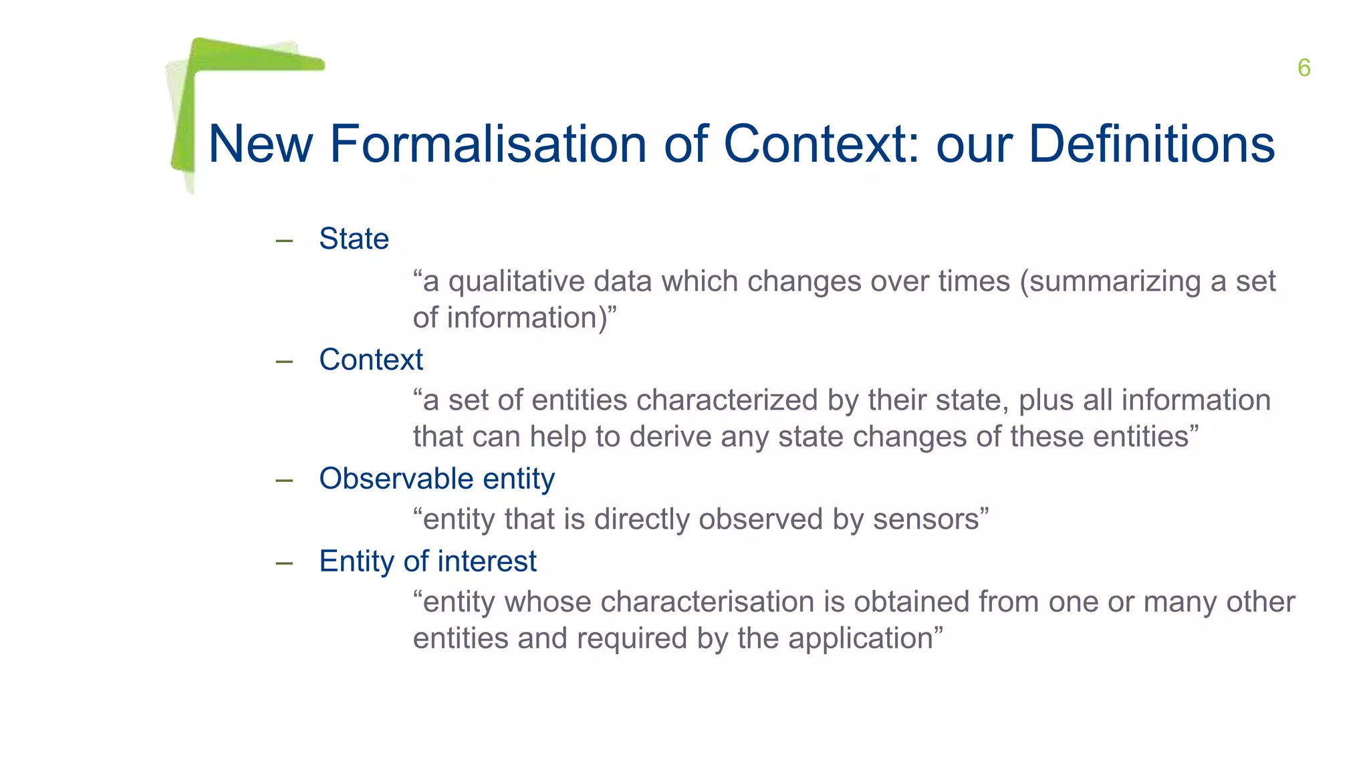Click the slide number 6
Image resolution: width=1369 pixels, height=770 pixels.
click(x=1303, y=68)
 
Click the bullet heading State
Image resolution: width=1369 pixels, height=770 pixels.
click(x=354, y=239)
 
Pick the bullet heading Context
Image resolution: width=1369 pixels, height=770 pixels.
click(x=371, y=360)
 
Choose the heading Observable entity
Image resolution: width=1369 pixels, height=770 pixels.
click(x=437, y=479)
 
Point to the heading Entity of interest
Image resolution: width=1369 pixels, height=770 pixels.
click(x=427, y=561)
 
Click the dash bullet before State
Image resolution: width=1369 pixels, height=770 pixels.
click(x=284, y=241)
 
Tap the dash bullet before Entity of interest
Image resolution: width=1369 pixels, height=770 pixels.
click(x=284, y=563)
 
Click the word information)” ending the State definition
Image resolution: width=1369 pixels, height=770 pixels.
click(x=531, y=318)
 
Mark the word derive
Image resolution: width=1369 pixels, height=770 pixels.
click(x=670, y=436)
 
